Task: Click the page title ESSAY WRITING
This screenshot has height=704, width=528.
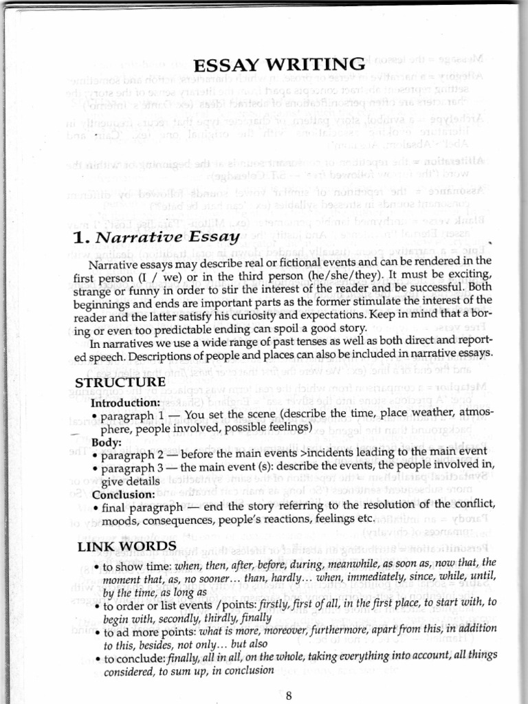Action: pyautogui.click(x=279, y=66)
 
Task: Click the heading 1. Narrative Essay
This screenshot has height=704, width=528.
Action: pyautogui.click(x=156, y=239)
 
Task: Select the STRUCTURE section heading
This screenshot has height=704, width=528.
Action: pyautogui.click(x=120, y=382)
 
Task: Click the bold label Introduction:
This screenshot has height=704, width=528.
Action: pyautogui.click(x=126, y=402)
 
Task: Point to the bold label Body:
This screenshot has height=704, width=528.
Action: pyautogui.click(x=107, y=442)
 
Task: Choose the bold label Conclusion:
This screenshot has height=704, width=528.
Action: pyautogui.click(x=122, y=494)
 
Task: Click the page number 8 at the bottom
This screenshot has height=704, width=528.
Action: pyautogui.click(x=289, y=695)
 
